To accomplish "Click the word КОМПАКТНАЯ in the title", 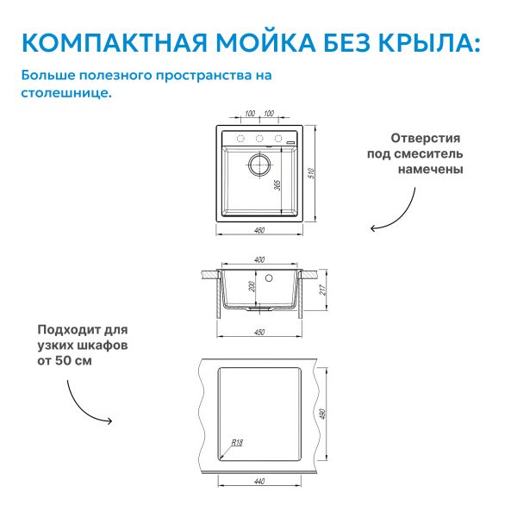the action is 115,43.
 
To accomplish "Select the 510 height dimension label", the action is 311,173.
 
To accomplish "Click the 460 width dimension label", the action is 259,230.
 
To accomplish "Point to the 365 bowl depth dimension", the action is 277,185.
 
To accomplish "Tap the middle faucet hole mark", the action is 259,139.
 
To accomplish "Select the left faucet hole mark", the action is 240,139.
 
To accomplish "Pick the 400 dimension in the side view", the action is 259,260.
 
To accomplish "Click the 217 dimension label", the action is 323,290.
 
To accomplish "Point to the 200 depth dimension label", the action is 252,286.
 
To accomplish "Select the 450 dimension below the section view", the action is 259,332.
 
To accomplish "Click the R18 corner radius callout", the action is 237,443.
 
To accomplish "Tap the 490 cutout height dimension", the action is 323,414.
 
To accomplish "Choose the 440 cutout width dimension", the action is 259,482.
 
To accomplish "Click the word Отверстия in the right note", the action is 426,138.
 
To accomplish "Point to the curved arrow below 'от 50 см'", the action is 81,408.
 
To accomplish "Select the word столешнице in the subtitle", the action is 66,93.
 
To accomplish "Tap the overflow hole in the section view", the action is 269,278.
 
